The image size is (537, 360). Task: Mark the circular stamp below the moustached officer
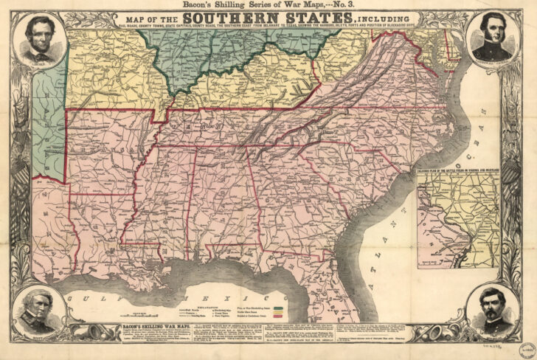[x=510, y=347]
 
